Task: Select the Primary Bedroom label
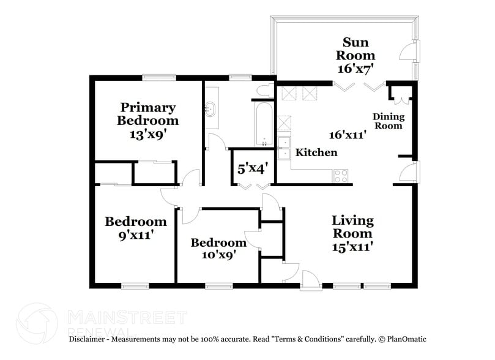pyautogui.click(x=147, y=113)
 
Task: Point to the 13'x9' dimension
pyautogui.click(x=147, y=135)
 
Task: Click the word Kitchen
pyautogui.click(x=316, y=152)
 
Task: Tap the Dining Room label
pyautogui.click(x=389, y=121)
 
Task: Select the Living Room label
pyautogui.click(x=352, y=227)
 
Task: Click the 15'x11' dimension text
pyautogui.click(x=352, y=247)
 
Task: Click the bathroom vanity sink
pyautogui.click(x=211, y=108)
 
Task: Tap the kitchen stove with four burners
pyautogui.click(x=341, y=176)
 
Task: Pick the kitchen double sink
pyautogui.click(x=285, y=148)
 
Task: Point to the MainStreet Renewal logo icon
pyautogui.click(x=37, y=323)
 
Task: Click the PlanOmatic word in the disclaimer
pyautogui.click(x=404, y=339)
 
